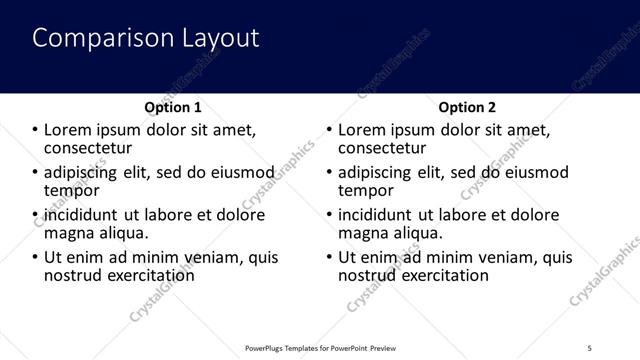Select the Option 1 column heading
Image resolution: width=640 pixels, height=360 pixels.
click(x=172, y=107)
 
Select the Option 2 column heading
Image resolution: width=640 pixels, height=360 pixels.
click(x=467, y=107)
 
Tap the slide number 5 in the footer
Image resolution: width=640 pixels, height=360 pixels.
click(x=589, y=346)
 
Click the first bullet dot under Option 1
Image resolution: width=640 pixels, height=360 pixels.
click(x=36, y=130)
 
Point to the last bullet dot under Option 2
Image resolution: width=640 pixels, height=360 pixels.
click(x=330, y=257)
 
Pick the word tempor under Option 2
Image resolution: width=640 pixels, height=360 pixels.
click(x=366, y=190)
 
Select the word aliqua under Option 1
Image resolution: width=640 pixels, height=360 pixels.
click(x=121, y=233)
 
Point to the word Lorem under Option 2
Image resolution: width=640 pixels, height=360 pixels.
click(x=361, y=130)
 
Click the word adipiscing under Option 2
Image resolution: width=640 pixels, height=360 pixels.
click(x=377, y=172)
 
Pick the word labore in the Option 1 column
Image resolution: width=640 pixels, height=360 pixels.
click(x=172, y=215)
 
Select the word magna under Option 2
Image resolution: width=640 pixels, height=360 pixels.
click(x=362, y=233)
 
